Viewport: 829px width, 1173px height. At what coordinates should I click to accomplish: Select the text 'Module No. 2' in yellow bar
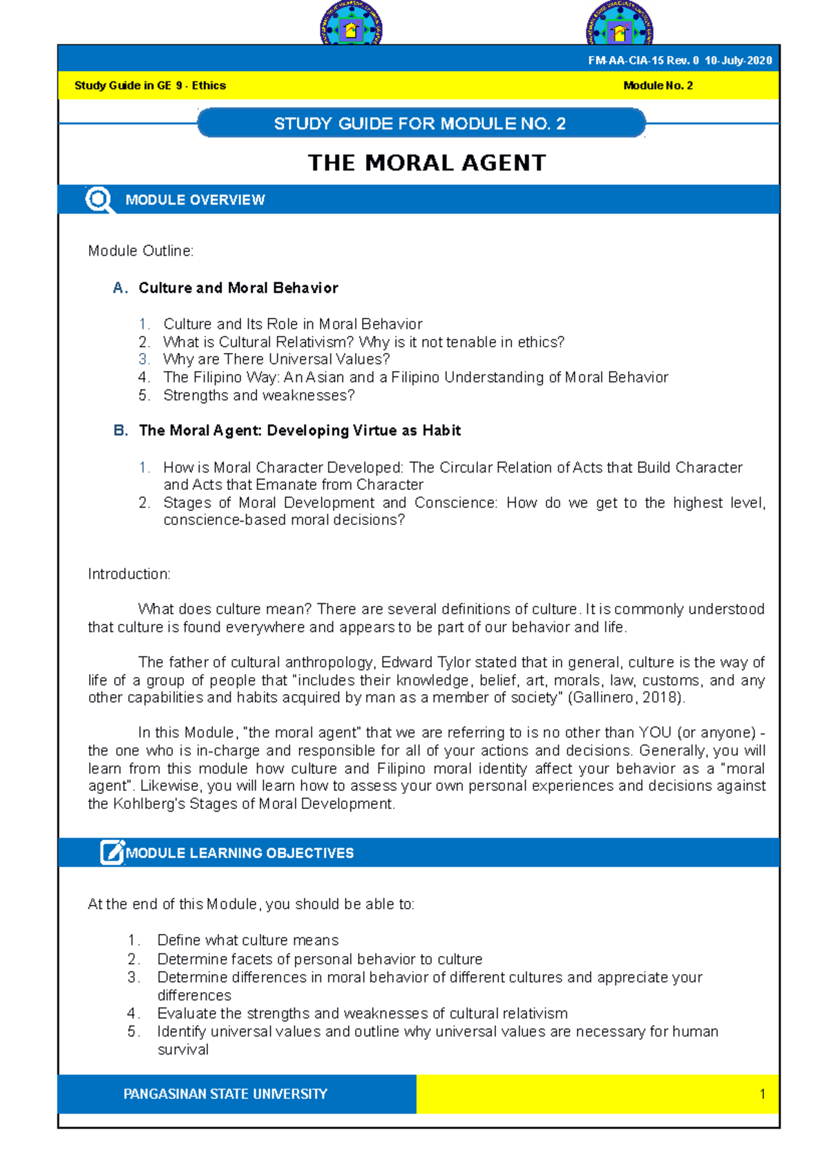(x=658, y=86)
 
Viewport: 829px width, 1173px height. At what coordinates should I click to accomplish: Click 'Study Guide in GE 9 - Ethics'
(x=150, y=86)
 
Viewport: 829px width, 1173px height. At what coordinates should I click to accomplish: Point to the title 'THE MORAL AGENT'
(x=426, y=163)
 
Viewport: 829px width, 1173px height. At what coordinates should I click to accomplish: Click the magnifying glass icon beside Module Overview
(x=99, y=200)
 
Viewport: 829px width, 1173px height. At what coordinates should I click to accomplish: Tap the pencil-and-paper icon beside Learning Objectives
(x=112, y=852)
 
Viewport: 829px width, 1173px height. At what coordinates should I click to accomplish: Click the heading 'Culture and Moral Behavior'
(x=238, y=288)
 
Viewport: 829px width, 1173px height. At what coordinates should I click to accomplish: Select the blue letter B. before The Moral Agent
(x=120, y=430)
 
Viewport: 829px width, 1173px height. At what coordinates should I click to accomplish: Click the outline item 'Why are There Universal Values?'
(x=276, y=359)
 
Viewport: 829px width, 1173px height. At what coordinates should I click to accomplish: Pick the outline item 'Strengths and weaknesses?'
(x=259, y=395)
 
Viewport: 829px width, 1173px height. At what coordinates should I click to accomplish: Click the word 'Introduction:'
(x=129, y=574)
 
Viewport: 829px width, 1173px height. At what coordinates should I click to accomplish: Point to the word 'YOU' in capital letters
(x=655, y=733)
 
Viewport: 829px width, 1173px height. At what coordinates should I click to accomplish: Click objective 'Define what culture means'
(x=248, y=940)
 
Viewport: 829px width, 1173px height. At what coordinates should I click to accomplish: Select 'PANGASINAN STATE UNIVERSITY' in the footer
(x=225, y=1094)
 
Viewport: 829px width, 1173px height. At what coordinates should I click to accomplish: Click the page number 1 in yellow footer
(x=762, y=1094)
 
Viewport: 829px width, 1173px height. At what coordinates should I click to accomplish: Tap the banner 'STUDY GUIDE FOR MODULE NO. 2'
(x=420, y=124)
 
